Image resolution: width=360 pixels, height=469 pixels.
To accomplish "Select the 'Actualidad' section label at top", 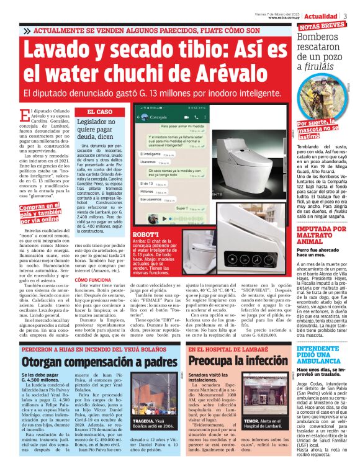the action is tap(323, 16).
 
